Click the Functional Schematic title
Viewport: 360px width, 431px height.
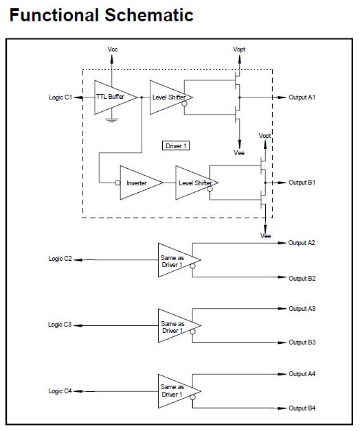tap(101, 15)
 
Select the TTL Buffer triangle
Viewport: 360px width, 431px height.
tap(111, 97)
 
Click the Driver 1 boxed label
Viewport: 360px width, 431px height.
tap(175, 145)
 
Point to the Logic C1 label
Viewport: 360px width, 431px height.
tap(59, 97)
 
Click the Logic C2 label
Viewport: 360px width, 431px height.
tap(59, 259)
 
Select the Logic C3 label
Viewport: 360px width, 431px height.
tap(59, 324)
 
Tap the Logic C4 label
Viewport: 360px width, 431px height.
tap(59, 391)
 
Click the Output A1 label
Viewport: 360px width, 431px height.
tap(302, 97)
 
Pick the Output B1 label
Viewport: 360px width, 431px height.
tap(302, 183)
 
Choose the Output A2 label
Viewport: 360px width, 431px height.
tap(302, 243)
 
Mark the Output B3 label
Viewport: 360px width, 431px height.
tap(302, 342)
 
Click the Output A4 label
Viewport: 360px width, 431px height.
tap(302, 374)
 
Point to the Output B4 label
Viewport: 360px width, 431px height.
tap(302, 408)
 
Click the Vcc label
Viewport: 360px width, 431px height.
tap(113, 50)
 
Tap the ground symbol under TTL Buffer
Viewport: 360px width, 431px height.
tap(109, 119)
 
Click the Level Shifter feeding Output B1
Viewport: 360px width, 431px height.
tap(196, 183)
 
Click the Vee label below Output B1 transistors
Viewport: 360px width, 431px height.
tap(265, 235)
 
